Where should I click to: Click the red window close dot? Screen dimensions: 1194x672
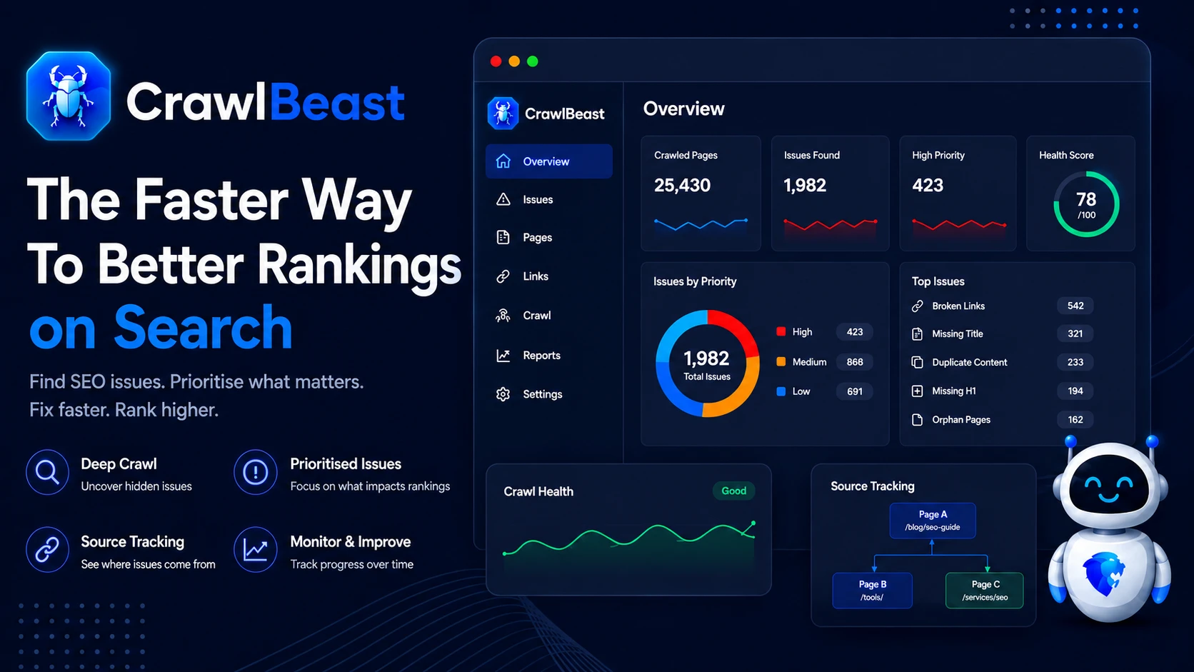pyautogui.click(x=496, y=61)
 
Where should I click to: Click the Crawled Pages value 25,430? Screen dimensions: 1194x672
pyautogui.click(x=682, y=185)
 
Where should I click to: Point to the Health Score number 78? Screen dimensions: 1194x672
pyautogui.click(x=1085, y=199)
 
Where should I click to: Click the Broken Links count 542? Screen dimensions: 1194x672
pyautogui.click(x=1075, y=306)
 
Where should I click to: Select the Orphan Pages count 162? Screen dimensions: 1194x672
pyautogui.click(x=1075, y=419)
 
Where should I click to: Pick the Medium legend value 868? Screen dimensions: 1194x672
pyautogui.click(x=855, y=362)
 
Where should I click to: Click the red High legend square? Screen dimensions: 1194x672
pyautogui.click(x=781, y=331)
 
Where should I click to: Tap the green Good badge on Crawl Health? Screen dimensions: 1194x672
pyautogui.click(x=733, y=491)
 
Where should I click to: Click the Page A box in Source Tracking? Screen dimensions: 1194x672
pyautogui.click(x=933, y=521)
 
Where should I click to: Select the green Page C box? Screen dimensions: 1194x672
pyautogui.click(x=985, y=591)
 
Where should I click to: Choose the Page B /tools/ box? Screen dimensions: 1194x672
pyautogui.click(x=872, y=591)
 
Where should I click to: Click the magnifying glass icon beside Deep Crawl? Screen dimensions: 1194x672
pyautogui.click(x=47, y=472)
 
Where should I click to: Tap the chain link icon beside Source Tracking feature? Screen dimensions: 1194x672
pyautogui.click(x=47, y=549)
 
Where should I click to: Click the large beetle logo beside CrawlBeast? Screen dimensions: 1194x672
pyautogui.click(x=69, y=96)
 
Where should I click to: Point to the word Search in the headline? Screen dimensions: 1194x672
pyautogui.click(x=203, y=327)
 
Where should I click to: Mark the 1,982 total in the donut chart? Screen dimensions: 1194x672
pyautogui.click(x=706, y=358)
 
